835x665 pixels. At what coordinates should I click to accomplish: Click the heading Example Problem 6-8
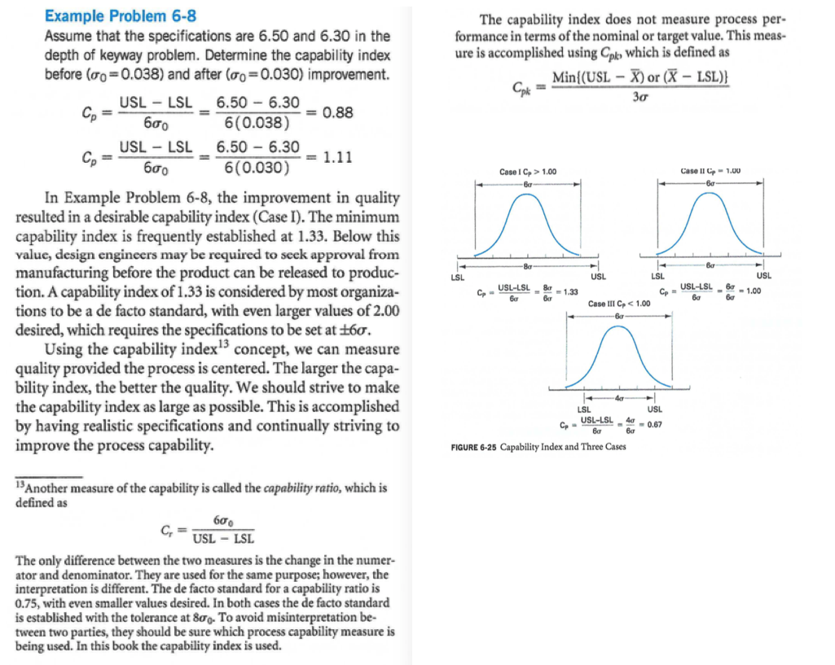pos(120,16)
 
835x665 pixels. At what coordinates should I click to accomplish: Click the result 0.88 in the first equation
pos(338,113)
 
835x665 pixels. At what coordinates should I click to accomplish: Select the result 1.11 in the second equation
pos(338,158)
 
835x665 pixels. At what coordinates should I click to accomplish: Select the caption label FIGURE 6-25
pos(472,447)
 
